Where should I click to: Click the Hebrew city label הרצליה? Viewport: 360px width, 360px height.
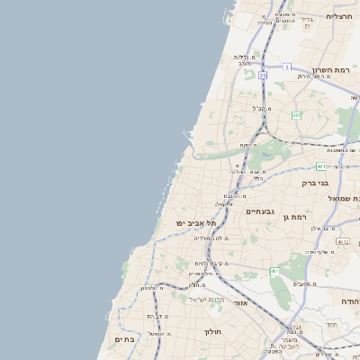tap(338, 16)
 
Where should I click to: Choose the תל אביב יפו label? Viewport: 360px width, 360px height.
tap(197, 222)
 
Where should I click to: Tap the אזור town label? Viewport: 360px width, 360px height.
tap(240, 303)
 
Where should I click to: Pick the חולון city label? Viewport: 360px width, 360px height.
tap(212, 331)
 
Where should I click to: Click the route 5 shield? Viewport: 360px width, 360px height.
tap(287, 67)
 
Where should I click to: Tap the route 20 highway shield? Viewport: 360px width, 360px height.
tap(263, 76)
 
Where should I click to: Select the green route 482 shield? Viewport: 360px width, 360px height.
tap(296, 115)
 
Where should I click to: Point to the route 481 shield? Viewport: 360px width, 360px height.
tap(321, 166)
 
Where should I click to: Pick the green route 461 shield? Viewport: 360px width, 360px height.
tap(274, 271)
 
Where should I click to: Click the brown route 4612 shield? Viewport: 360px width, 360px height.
tap(342, 241)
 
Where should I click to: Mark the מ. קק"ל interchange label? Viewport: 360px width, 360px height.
tap(261, 108)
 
